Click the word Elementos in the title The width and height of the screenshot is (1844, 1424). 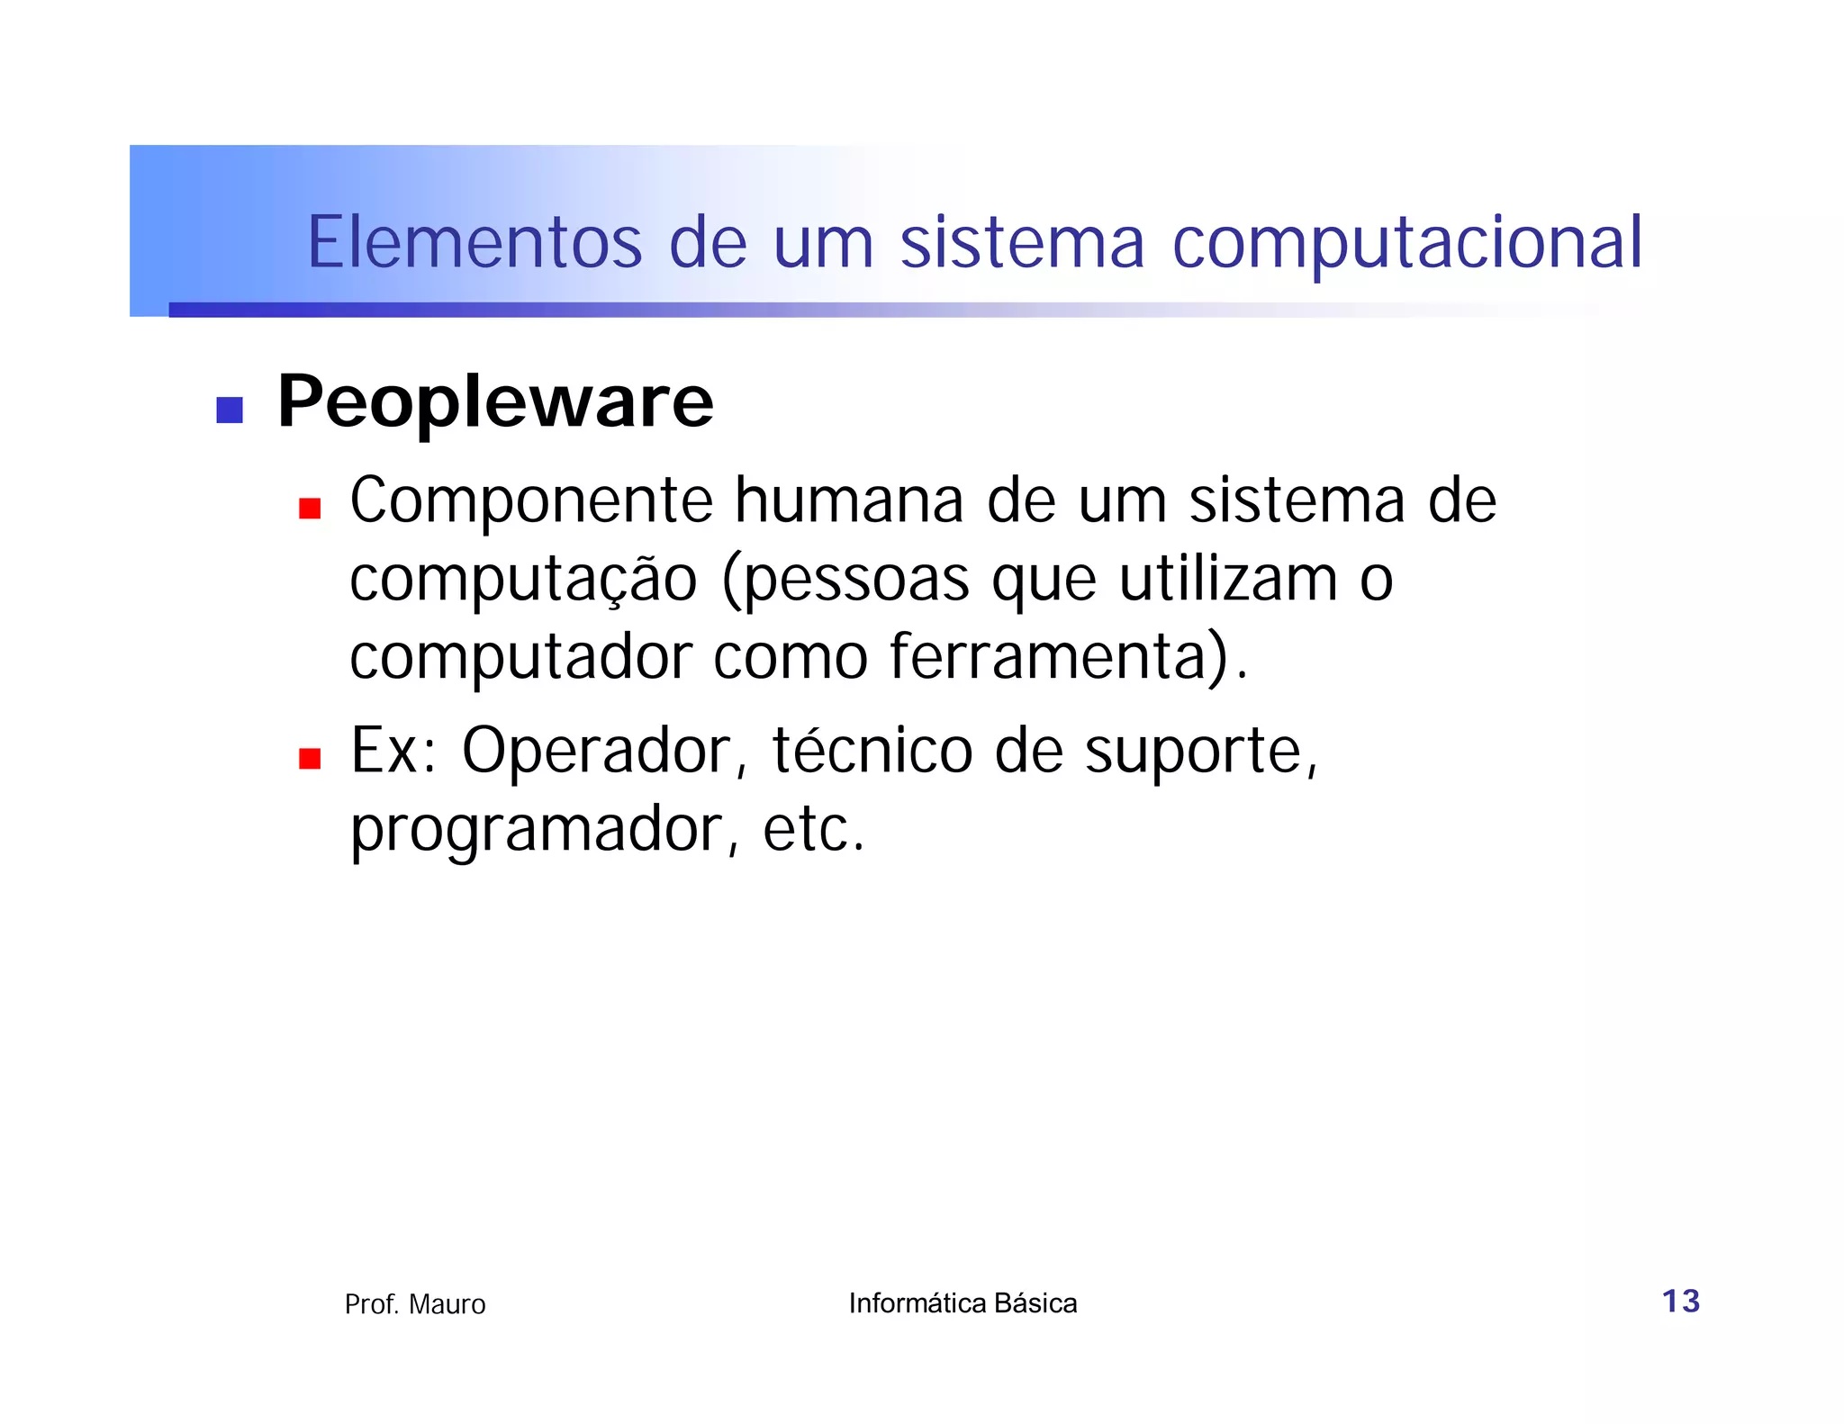coord(475,242)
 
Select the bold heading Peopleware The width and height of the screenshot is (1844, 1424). coord(495,401)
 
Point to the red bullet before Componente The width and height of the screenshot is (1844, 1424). coord(310,509)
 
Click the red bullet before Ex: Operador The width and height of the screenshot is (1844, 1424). coord(310,759)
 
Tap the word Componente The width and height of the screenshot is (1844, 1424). coord(531,502)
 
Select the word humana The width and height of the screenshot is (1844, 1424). coord(849,500)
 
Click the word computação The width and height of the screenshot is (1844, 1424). coord(523,581)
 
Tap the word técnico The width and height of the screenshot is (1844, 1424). coord(872,751)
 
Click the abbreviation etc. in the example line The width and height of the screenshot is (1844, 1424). coord(813,830)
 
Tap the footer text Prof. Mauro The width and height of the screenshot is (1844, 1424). coord(415,1304)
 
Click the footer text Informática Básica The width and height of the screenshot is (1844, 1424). coord(963,1303)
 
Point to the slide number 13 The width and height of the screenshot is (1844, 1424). coord(1680,1302)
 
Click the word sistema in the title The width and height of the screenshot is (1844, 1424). coord(1022,242)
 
